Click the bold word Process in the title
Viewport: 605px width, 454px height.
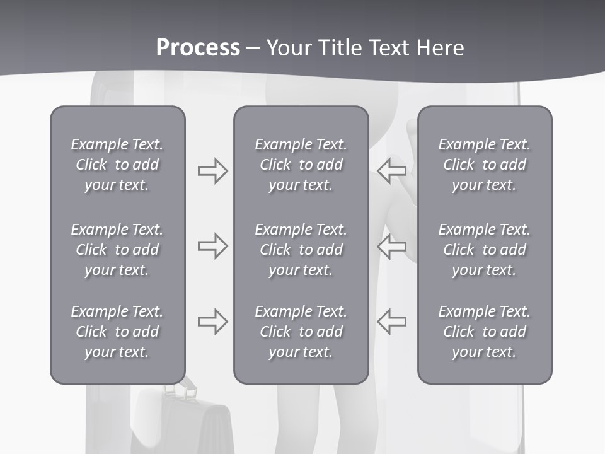[198, 48]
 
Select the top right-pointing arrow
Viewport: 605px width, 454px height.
[212, 171]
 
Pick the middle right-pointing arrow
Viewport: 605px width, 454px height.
[212, 246]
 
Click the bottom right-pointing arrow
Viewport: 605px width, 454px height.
[212, 321]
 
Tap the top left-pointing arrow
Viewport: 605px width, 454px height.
[392, 171]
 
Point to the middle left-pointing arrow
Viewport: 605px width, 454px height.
[392, 246]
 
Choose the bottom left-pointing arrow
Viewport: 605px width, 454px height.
[392, 321]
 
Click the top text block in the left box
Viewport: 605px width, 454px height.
[117, 165]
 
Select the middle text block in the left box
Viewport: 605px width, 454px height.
[117, 250]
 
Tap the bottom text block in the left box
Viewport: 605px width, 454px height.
[117, 332]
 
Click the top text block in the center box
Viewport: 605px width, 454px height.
[301, 165]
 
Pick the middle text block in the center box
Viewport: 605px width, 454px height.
[301, 250]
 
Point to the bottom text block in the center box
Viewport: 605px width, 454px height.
[301, 332]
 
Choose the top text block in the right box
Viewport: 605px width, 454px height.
[484, 165]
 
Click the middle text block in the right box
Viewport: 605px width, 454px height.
[484, 250]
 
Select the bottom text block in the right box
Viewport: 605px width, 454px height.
[484, 332]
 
